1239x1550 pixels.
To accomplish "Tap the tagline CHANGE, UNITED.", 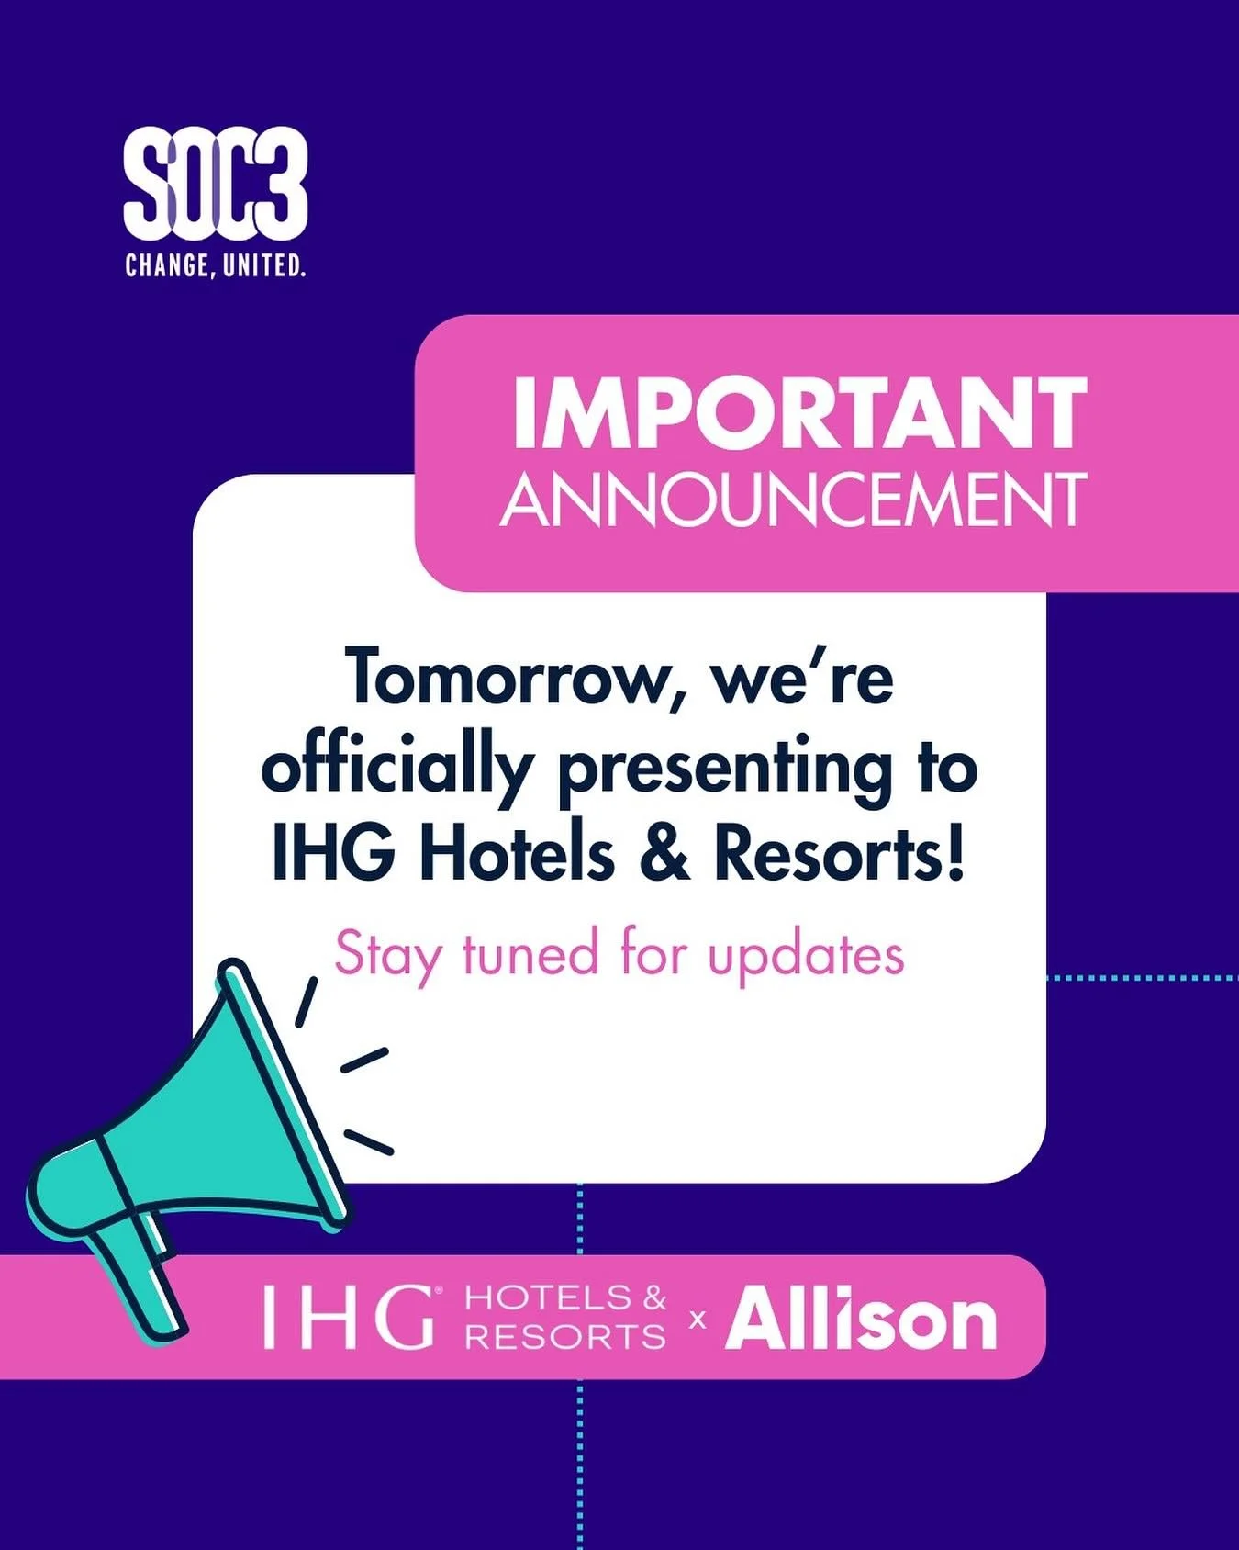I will (x=215, y=267).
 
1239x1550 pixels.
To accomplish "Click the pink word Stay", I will (x=386, y=956).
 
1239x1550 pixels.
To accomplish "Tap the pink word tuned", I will (x=530, y=954).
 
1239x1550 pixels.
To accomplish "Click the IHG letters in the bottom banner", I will (x=348, y=1318).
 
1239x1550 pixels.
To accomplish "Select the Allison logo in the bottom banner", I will (x=860, y=1320).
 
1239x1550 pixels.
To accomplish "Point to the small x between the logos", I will (x=698, y=1320).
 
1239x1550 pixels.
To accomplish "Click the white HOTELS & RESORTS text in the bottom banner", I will (x=565, y=1318).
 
